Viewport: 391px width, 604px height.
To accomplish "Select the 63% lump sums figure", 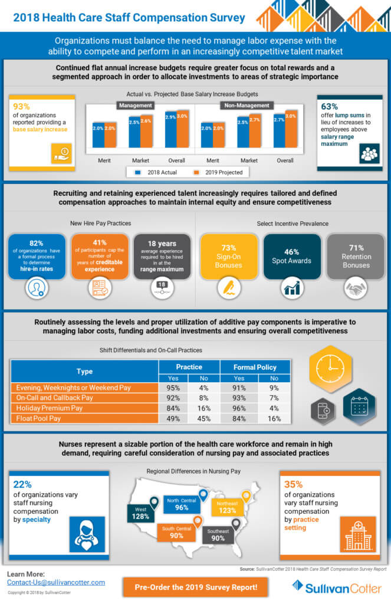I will [x=330, y=107].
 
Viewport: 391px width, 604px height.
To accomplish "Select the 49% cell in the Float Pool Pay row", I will [x=173, y=418].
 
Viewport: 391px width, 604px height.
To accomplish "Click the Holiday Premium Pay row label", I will [x=84, y=408].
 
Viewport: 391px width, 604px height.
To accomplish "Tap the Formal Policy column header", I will [x=255, y=367].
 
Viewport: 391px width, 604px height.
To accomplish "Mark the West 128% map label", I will [x=140, y=513].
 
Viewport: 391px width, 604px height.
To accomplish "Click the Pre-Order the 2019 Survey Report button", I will [x=195, y=587].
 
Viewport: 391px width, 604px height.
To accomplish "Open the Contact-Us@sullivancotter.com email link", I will [x=56, y=582].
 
